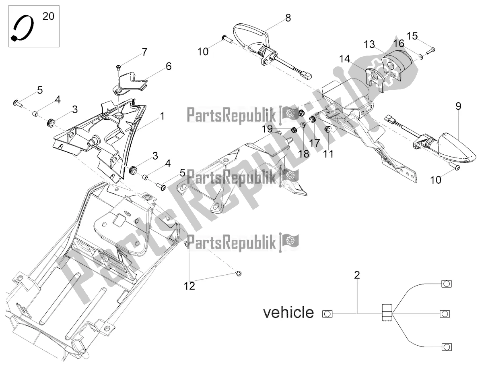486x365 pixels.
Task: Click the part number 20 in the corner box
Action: pyautogui.click(x=47, y=16)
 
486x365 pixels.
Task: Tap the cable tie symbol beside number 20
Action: pyautogui.click(x=23, y=30)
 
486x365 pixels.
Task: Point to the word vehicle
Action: pyautogui.click(x=288, y=313)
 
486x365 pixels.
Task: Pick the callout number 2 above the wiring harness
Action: pyautogui.click(x=356, y=276)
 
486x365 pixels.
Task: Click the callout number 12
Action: pyautogui.click(x=189, y=286)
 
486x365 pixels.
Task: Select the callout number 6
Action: pyautogui.click(x=168, y=66)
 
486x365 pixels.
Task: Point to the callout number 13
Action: pyautogui.click(x=370, y=44)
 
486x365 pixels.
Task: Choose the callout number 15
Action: pyautogui.click(x=412, y=35)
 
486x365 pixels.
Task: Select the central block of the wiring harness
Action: pyautogui.click(x=386, y=313)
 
